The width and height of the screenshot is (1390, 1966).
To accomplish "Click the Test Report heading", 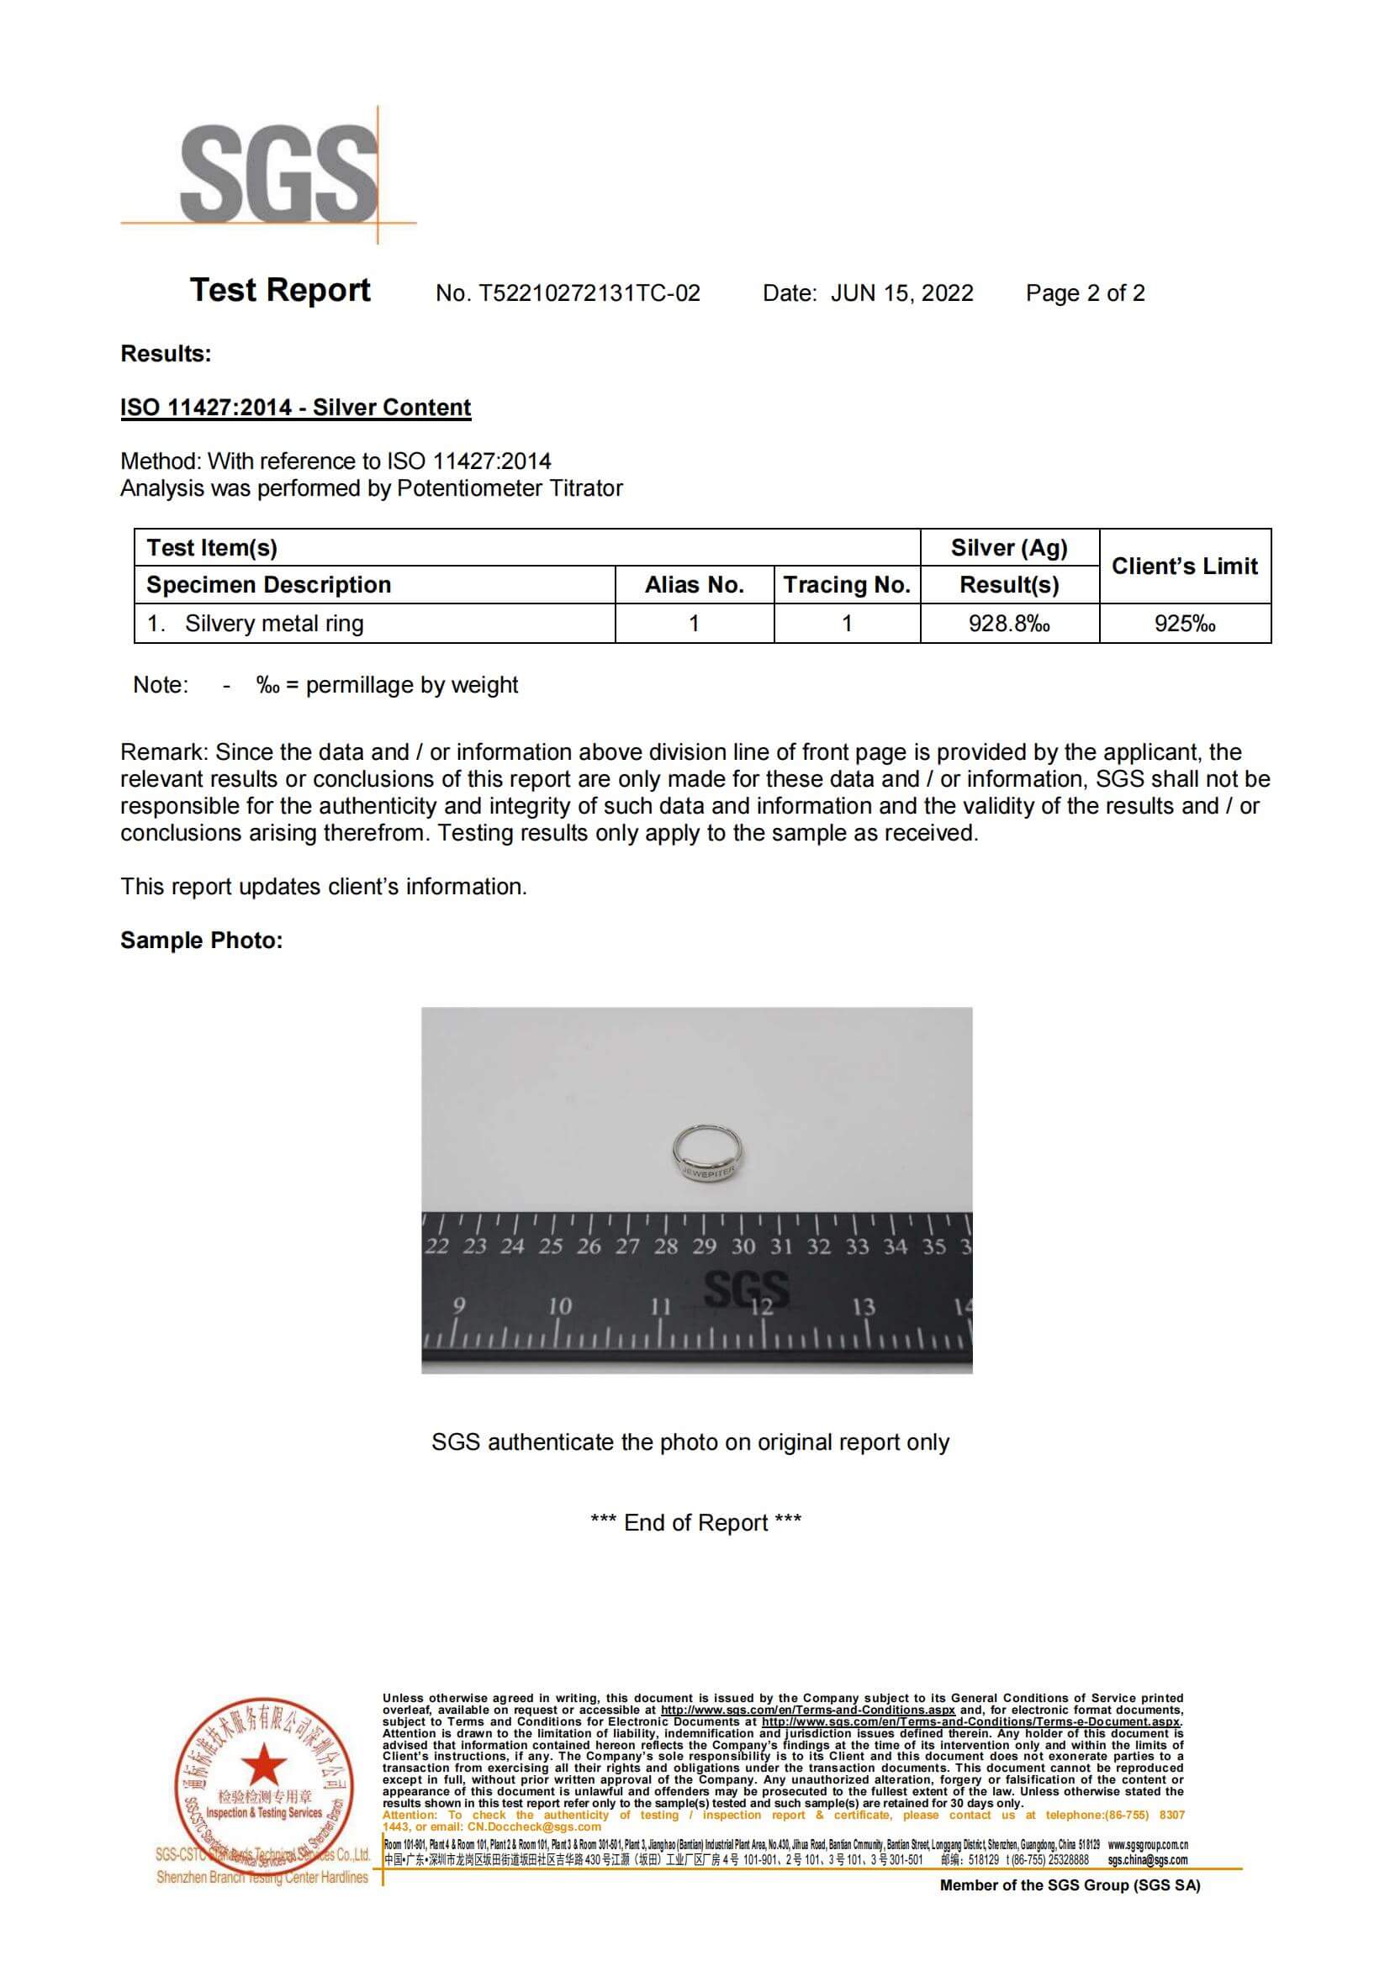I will click(280, 290).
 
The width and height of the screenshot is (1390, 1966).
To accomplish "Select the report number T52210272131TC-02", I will click(589, 293).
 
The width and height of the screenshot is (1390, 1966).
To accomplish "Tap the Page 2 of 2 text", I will click(1084, 293).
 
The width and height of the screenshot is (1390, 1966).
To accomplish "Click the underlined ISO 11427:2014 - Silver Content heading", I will click(295, 408).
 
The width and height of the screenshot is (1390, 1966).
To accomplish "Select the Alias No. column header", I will click(694, 585).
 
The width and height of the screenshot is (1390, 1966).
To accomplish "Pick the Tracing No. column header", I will click(846, 585).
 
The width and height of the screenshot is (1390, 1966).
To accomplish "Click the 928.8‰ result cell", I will click(1009, 624).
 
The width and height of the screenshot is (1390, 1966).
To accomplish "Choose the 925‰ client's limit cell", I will click(1185, 624).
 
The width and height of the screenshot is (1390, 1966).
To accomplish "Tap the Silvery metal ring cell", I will click(274, 624).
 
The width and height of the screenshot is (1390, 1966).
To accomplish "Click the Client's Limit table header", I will click(1185, 566).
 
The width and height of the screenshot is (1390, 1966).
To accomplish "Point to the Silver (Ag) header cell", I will click(1009, 548).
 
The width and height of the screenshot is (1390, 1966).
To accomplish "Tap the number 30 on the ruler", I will click(743, 1247).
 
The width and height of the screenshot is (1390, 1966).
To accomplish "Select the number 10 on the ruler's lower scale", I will click(559, 1307).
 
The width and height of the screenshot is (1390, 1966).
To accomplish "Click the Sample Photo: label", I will click(201, 941).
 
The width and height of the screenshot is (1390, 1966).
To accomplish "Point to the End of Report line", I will click(695, 1522).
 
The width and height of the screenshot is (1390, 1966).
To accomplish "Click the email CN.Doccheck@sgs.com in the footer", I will click(534, 1826).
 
